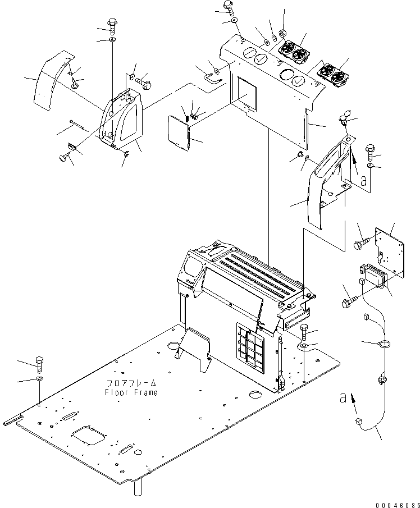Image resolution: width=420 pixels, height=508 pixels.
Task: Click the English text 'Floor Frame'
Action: [x=131, y=392]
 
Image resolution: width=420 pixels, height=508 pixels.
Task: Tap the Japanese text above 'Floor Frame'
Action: [x=131, y=383]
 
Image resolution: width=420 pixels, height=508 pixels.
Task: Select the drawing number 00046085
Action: [x=398, y=505]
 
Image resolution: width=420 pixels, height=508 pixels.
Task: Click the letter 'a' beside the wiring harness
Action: [x=343, y=397]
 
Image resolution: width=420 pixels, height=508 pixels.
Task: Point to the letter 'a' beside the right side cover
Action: [x=364, y=180]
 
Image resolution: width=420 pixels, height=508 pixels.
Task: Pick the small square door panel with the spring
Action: [x=178, y=133]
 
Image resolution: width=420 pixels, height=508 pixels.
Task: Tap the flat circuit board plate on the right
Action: [x=390, y=252]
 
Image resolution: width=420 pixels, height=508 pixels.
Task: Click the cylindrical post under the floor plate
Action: [x=138, y=487]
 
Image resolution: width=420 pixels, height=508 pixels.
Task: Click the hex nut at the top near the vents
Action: [x=282, y=33]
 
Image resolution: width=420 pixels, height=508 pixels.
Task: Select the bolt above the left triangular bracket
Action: [x=112, y=26]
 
